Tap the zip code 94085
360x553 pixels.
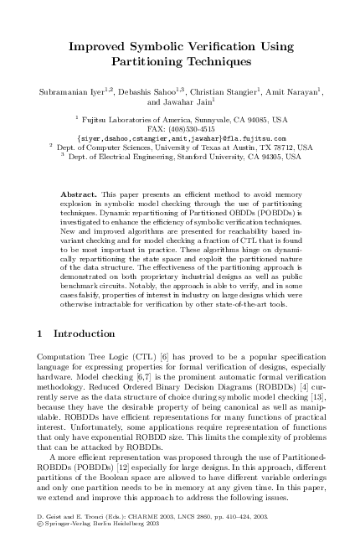(x=255, y=120)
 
